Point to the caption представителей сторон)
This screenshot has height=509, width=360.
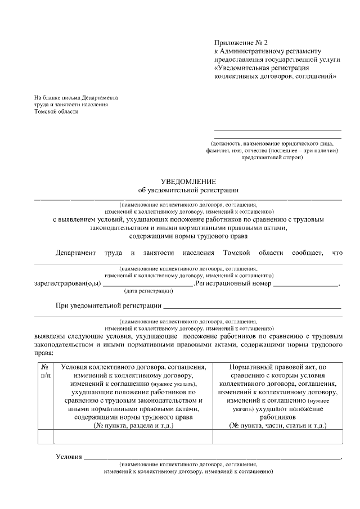(x=272, y=158)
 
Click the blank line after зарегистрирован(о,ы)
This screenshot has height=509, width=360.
(x=147, y=285)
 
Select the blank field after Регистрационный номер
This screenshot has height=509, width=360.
(x=306, y=285)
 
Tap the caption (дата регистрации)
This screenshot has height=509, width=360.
(x=148, y=291)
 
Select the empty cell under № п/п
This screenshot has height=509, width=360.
(x=46, y=436)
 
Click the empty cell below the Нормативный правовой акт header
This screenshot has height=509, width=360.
(x=278, y=436)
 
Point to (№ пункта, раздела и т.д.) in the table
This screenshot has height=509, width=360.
(x=133, y=426)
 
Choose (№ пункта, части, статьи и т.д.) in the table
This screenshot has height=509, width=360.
(x=278, y=426)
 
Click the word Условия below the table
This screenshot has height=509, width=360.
(x=69, y=456)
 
